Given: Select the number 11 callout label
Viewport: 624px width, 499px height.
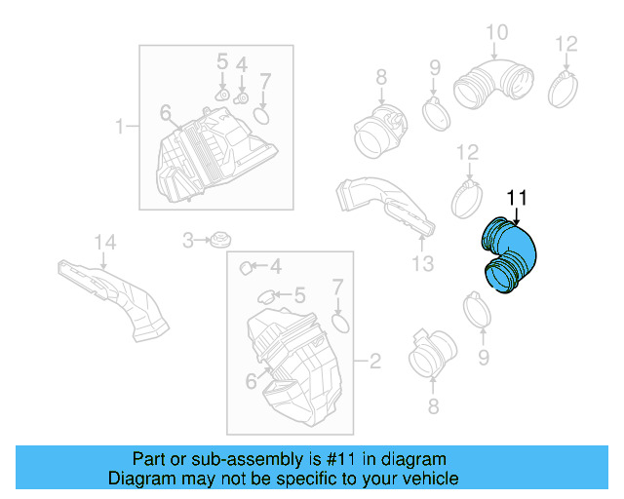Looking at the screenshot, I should pos(516,199).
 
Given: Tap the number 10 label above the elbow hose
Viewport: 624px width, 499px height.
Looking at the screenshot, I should pos(496,33).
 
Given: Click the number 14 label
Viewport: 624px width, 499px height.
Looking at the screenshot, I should pos(103,243).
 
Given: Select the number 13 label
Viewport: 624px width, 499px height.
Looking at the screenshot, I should pos(421,264).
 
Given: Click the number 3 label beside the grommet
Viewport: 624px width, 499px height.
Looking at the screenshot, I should pos(188,239).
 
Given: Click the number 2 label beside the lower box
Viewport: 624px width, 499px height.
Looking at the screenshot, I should pos(373,362).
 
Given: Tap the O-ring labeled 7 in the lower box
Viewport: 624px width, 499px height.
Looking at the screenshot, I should pos(338,322).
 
